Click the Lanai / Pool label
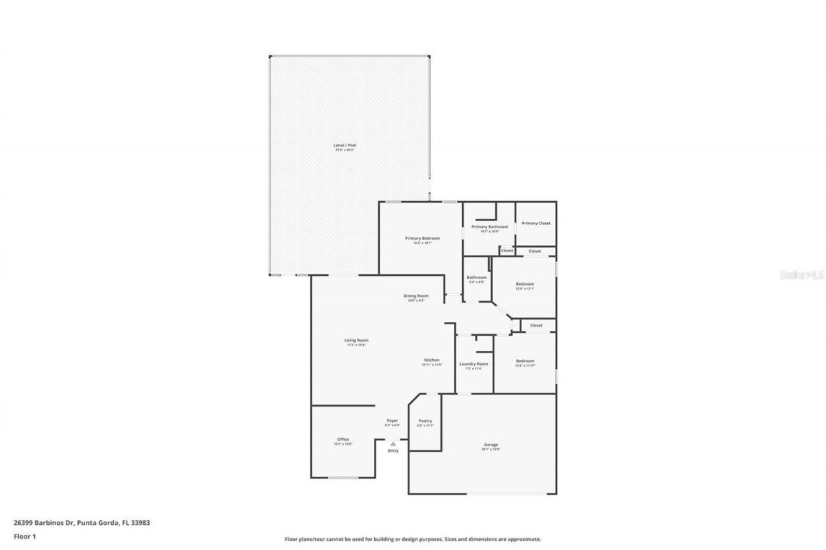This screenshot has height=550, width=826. [x=349, y=145]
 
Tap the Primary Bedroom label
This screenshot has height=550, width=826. [x=423, y=239]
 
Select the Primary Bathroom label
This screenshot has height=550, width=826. [x=490, y=227]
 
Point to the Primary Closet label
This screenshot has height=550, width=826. [x=536, y=223]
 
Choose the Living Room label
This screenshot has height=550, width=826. [x=356, y=340]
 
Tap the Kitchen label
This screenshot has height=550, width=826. [x=432, y=360]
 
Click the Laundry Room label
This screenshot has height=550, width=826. [x=474, y=364]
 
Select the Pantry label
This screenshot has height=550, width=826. [x=425, y=421]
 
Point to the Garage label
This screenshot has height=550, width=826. [x=491, y=444]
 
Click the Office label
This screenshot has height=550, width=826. [x=343, y=440]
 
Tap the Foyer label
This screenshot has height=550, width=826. [x=392, y=421]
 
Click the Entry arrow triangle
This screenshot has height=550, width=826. [x=393, y=444]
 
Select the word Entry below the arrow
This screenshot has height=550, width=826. [x=393, y=451]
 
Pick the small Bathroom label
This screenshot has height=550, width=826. [x=477, y=277]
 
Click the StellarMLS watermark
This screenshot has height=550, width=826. [x=802, y=275]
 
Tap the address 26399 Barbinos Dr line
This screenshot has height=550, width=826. [x=82, y=523]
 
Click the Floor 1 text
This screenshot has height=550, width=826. [x=25, y=536]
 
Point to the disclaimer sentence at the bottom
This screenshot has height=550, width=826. [x=413, y=539]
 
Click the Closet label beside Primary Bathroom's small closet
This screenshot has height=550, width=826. [x=507, y=251]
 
